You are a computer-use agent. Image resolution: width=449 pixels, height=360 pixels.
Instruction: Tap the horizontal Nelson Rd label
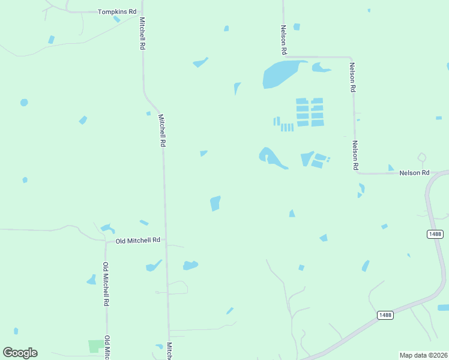(x=415, y=173)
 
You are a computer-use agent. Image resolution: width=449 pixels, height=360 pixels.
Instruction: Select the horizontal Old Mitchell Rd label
(x=138, y=240)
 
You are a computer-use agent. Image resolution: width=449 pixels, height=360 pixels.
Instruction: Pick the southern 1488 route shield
(x=385, y=315)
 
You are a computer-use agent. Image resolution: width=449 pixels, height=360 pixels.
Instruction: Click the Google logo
(x=20, y=353)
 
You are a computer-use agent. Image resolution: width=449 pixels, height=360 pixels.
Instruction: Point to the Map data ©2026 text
(x=423, y=355)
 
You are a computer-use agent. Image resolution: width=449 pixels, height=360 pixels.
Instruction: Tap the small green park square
(x=95, y=346)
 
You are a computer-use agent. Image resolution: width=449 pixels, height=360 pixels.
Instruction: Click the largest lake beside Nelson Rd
(x=280, y=74)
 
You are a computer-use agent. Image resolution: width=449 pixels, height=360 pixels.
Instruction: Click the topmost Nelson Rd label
(x=283, y=38)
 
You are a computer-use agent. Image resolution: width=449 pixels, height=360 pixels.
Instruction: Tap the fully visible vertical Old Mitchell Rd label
(x=106, y=284)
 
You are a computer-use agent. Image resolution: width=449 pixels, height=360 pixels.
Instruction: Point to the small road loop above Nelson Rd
(x=422, y=158)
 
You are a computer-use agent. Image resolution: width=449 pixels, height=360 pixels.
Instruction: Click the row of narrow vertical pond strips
(x=287, y=127)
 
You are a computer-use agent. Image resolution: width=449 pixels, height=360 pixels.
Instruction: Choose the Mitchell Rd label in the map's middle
(x=161, y=130)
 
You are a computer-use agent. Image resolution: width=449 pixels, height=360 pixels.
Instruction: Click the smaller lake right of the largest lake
(x=321, y=68)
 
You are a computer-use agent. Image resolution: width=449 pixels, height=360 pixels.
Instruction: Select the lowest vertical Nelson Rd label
(x=355, y=154)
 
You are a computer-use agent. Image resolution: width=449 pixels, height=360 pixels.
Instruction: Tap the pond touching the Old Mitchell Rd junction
(x=108, y=228)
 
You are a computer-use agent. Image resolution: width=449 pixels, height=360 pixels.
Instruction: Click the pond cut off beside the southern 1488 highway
(x=443, y=307)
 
